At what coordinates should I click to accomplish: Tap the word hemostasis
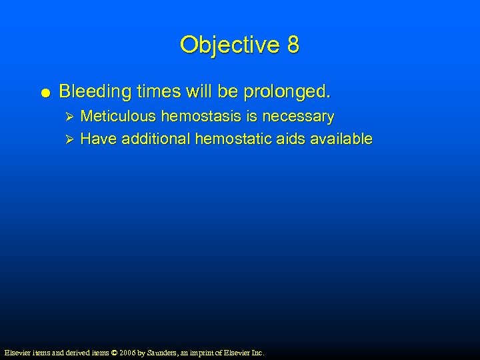(202, 117)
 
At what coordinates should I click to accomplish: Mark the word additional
(156, 139)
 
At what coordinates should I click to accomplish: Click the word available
(341, 139)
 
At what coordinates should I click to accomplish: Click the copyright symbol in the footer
(112, 352)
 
